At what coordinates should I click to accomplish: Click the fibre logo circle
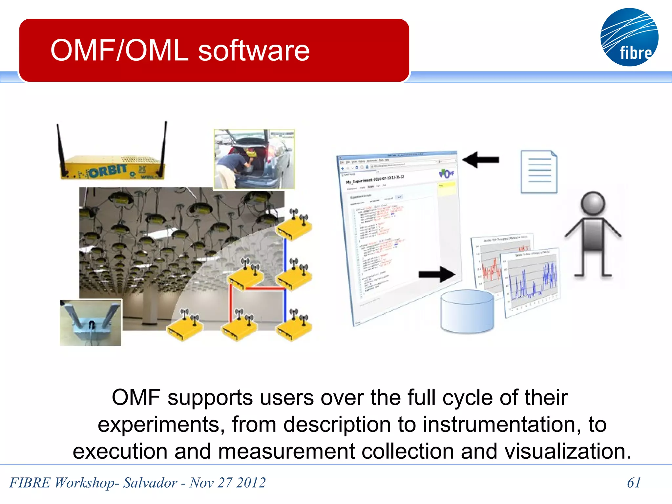tap(629, 37)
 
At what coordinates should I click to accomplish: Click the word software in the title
tap(254, 51)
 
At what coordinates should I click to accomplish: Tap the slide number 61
tap(634, 483)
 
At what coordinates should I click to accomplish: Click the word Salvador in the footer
tap(150, 483)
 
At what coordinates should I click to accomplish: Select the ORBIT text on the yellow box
tap(108, 171)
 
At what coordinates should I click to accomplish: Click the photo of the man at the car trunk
tap(254, 159)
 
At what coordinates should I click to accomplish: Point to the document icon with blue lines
tap(539, 172)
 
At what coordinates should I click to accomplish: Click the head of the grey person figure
tap(593, 203)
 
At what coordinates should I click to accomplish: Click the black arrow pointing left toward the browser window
tap(481, 160)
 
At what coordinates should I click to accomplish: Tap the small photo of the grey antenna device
tap(91, 323)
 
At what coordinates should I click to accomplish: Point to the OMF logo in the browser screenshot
tap(447, 174)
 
